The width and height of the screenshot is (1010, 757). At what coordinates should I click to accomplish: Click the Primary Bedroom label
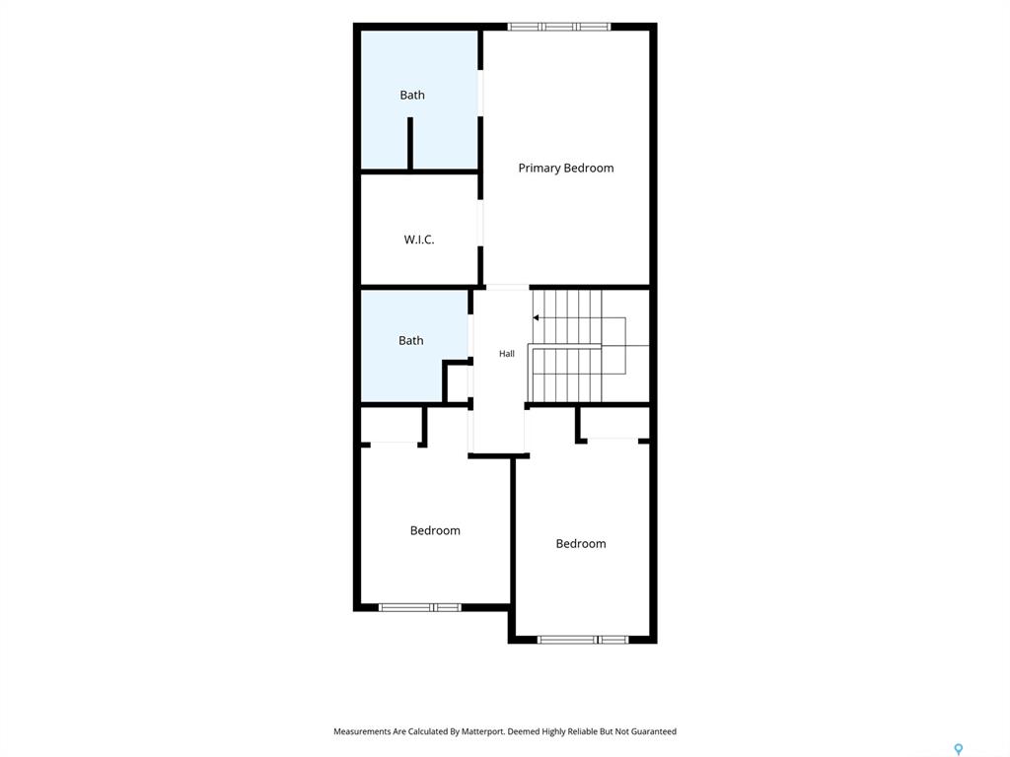coord(565,168)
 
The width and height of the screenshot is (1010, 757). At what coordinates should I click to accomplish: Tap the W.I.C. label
coord(418,240)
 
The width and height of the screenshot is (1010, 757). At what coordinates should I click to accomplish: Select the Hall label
coord(507,354)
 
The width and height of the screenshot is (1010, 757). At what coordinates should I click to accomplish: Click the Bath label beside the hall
coord(411,340)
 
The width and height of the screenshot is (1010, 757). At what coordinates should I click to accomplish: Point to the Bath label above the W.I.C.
coord(412,95)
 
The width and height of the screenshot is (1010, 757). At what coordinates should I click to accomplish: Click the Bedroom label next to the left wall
coord(435,530)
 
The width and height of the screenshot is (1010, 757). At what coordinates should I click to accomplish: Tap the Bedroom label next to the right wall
coord(580,543)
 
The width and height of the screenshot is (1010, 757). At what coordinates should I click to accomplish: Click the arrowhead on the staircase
coord(536,318)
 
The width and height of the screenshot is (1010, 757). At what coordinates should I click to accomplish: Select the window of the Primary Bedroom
coord(558,27)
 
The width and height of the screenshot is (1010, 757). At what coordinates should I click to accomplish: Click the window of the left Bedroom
coord(420,607)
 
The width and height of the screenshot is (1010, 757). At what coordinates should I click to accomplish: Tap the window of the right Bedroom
coord(583,639)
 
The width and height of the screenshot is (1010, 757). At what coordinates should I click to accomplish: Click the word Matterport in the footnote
coord(482,731)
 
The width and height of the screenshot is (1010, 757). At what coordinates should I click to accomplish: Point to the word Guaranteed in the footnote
coord(654,731)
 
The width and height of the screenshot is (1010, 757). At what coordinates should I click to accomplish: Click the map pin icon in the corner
coord(959,749)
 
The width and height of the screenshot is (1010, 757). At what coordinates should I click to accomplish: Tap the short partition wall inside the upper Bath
coord(409,144)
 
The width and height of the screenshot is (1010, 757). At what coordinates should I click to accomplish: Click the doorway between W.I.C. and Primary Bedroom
coord(480,223)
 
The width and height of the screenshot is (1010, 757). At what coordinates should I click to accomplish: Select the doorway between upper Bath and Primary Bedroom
coord(480,94)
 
